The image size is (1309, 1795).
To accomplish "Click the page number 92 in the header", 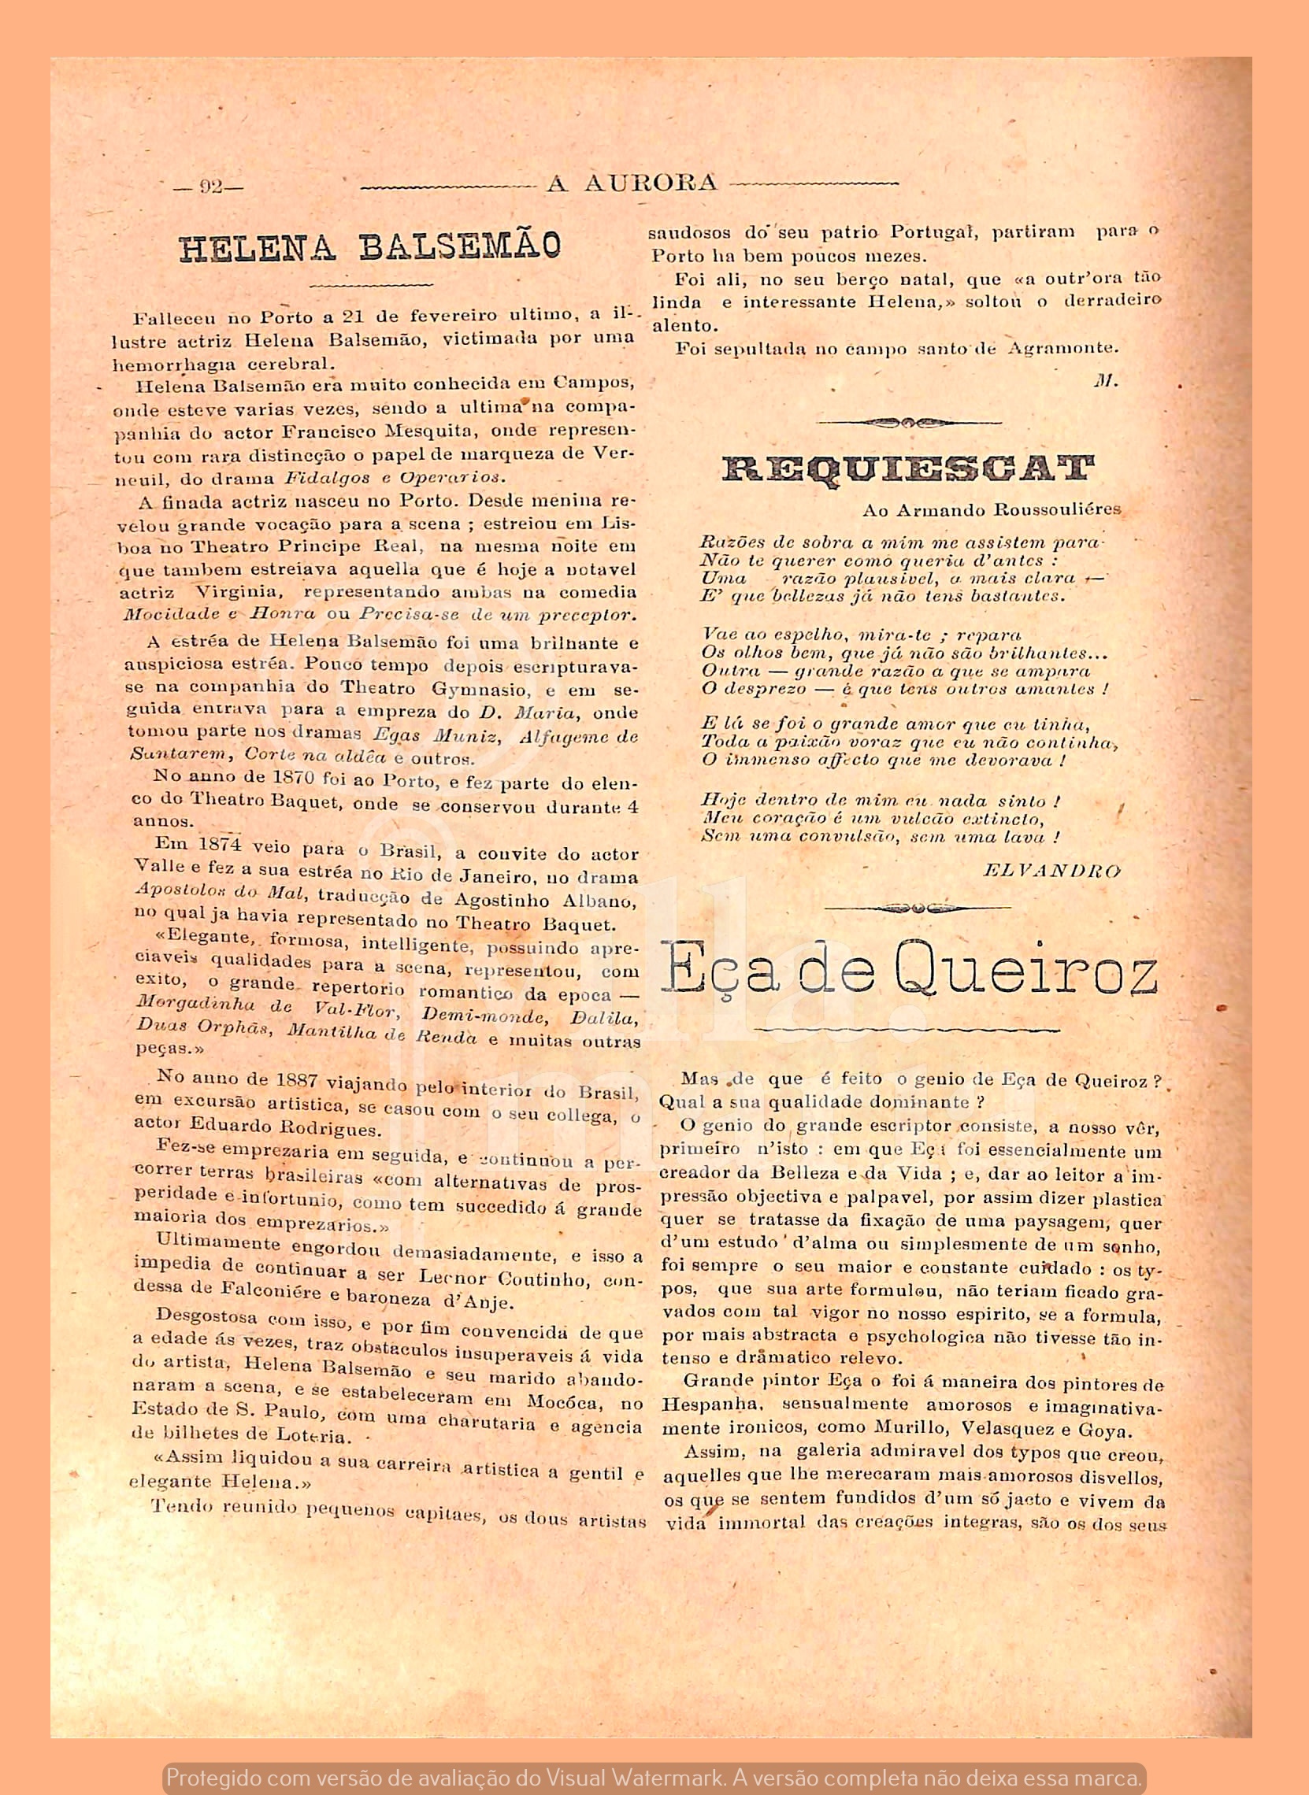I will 211,187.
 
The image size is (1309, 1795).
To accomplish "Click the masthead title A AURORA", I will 632,183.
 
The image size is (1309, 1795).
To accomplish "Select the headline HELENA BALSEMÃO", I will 370,248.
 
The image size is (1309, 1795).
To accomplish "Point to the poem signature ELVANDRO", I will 1051,872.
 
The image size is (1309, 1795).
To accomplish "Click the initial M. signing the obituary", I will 1104,381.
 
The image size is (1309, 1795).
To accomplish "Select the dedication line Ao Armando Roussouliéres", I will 992,510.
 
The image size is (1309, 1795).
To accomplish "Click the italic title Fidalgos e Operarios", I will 394,478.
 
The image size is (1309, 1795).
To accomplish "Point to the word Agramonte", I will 1062,348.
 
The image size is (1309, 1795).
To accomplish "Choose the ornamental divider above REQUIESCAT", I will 908,423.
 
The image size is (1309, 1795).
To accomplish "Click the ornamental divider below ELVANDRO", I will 917,908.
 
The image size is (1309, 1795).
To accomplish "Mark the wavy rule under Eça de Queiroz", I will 907,1030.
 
